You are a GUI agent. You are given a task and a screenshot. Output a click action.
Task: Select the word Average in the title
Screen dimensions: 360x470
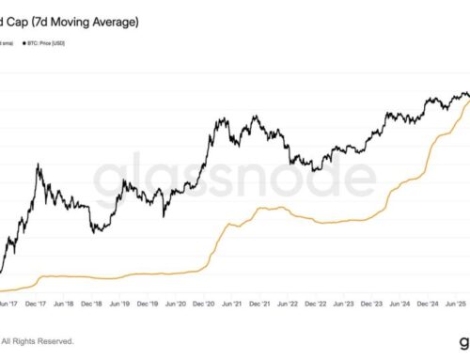pyautogui.click(x=119, y=20)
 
